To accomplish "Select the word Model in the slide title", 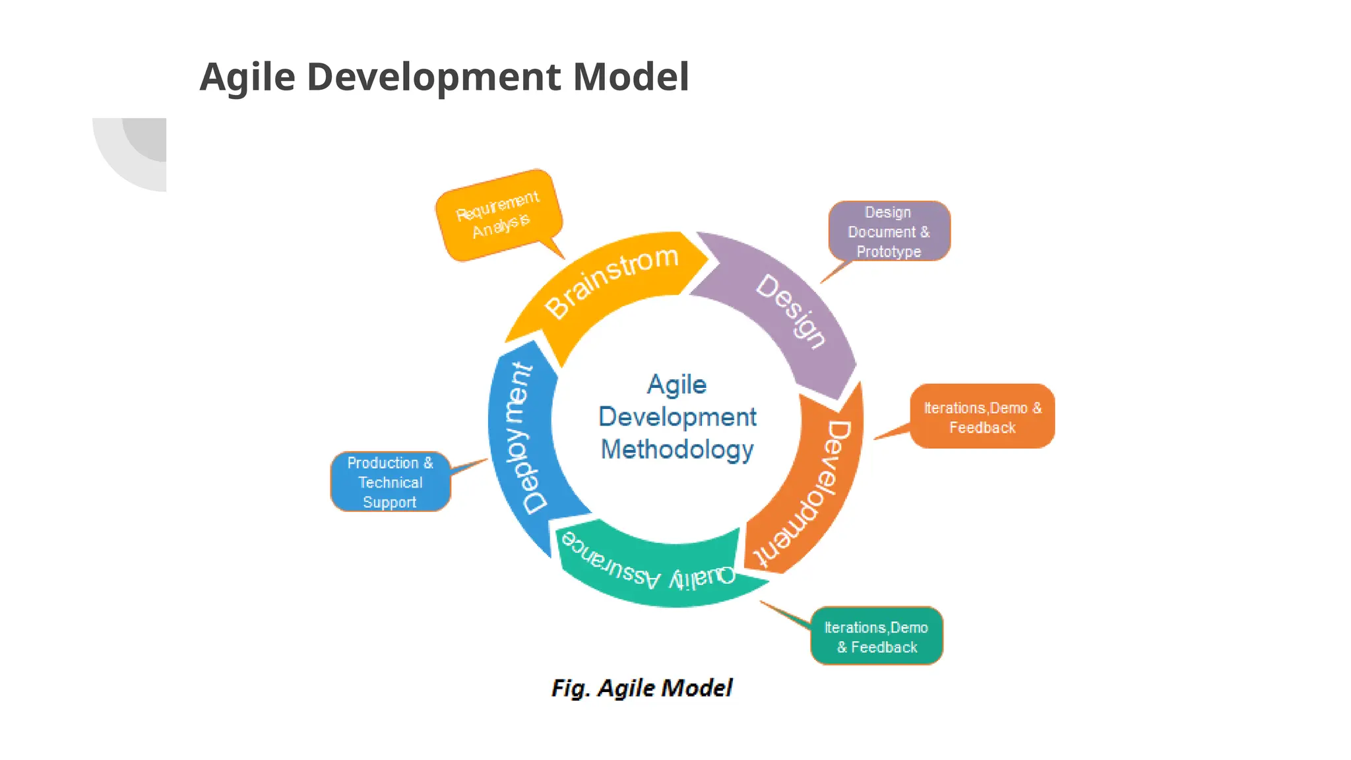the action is (x=631, y=77).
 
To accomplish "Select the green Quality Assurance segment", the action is (x=650, y=571).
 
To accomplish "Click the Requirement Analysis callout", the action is (x=498, y=214).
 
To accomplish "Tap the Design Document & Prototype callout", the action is (x=889, y=232).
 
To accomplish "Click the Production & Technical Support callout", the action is (x=390, y=482).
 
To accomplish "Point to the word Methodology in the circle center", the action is (x=677, y=450).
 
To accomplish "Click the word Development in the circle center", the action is (x=677, y=417).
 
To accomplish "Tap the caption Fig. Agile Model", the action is (x=642, y=688).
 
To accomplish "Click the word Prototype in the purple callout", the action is (x=889, y=251).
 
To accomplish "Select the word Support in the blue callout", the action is (x=389, y=502).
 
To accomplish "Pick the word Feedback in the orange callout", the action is (x=982, y=427).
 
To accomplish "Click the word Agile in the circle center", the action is (x=677, y=385).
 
